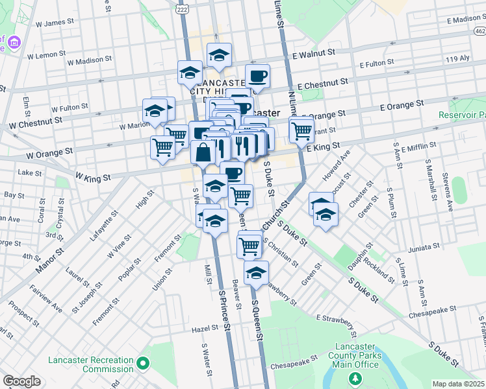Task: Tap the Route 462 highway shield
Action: click(479, 30)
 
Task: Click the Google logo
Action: click(21, 381)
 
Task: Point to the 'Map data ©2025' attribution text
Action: click(459, 384)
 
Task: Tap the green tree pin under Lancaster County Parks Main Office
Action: click(355, 377)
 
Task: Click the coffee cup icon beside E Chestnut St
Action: click(257, 77)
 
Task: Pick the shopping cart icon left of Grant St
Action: click(301, 130)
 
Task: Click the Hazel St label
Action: click(205, 329)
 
